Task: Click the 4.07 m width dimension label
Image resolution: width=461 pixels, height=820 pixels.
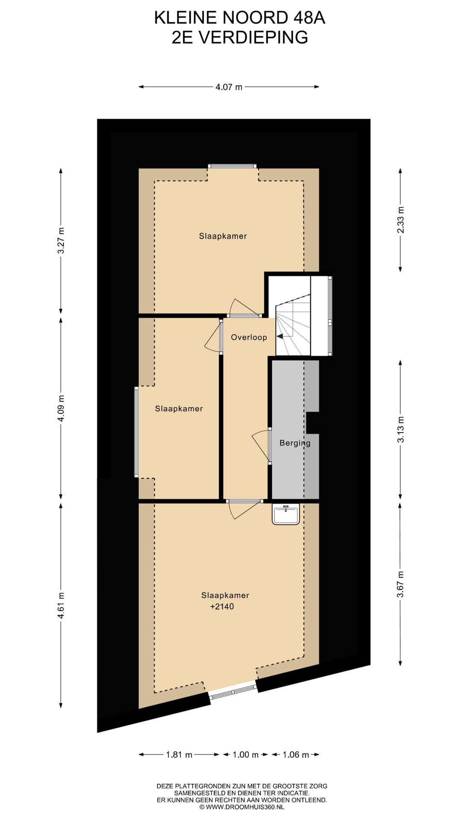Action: (229, 87)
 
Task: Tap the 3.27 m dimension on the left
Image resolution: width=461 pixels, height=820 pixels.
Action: (61, 241)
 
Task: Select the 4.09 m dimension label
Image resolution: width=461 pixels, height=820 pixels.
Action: (61, 408)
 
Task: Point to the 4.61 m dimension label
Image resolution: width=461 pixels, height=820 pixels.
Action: (61, 605)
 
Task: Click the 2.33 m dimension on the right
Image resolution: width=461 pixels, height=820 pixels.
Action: (400, 220)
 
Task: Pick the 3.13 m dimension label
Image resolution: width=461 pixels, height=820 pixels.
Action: (400, 429)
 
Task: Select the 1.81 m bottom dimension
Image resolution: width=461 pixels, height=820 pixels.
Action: (179, 755)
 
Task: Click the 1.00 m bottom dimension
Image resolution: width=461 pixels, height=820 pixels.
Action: (245, 755)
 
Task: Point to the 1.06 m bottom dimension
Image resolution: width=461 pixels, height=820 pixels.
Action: (296, 755)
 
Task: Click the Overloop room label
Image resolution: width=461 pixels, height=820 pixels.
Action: (249, 337)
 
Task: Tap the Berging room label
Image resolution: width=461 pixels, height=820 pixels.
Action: (295, 443)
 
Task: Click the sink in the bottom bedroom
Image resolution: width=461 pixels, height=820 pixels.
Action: (286, 514)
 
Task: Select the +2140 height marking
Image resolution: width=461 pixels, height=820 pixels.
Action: (222, 606)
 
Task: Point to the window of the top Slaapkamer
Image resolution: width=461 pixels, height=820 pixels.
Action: (232, 167)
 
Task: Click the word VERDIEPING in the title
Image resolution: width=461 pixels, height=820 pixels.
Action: (254, 38)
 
